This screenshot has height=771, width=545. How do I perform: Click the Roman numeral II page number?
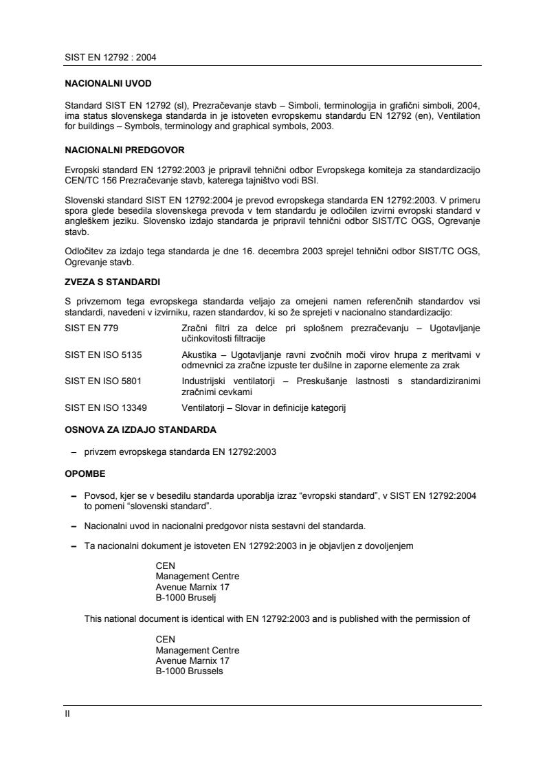pos(67,714)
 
